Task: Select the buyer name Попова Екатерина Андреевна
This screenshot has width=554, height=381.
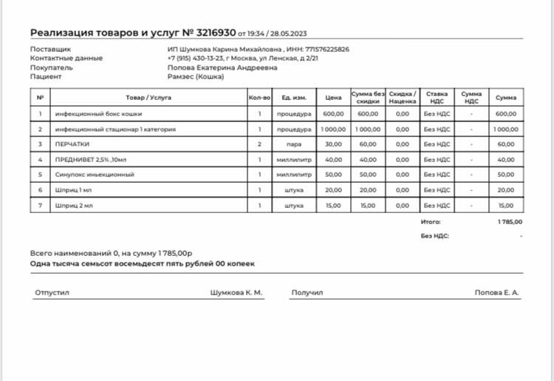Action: (222, 67)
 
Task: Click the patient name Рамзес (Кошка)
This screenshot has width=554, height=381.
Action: (199, 76)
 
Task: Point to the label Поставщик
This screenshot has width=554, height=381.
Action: (45, 50)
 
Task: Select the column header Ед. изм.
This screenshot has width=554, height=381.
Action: (295, 98)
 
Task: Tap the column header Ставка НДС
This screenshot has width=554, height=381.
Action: (437, 97)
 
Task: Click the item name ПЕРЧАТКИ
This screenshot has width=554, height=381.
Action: (72, 144)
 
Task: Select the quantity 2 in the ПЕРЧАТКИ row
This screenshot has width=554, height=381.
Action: (259, 144)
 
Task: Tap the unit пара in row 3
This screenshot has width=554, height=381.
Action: (295, 144)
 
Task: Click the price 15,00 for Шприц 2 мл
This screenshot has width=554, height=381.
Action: (333, 206)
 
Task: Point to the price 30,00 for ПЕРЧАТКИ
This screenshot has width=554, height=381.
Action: (333, 144)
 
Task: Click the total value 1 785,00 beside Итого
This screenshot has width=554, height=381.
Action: (509, 221)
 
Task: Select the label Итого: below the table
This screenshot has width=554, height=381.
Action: (431, 221)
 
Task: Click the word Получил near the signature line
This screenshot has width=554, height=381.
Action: (307, 294)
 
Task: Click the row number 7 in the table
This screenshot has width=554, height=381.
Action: (40, 206)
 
